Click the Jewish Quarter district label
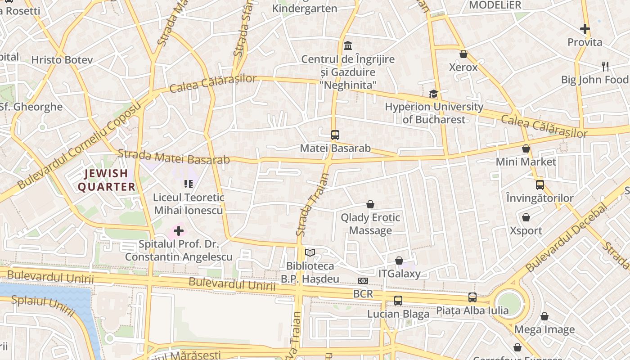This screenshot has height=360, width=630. tap(106, 180)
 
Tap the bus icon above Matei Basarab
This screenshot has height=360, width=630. tap(335, 135)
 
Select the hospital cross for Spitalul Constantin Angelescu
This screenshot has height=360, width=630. tap(179, 231)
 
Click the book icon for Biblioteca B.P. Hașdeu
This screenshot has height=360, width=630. tap(310, 252)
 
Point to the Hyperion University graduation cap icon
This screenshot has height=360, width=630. tap(433, 94)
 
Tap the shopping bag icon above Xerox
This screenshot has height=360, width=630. tap(463, 54)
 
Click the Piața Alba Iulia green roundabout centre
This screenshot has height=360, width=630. tap(509, 304)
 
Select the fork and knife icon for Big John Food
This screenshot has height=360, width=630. tap(605, 67)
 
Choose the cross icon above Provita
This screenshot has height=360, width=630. tap(585, 29)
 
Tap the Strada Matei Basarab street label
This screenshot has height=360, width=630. tap(174, 157)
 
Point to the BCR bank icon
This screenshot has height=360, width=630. tap(363, 281)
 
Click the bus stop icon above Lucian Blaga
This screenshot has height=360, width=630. tap(398, 300)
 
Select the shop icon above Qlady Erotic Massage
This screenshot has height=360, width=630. tap(370, 205)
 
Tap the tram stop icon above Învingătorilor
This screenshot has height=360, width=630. tap(540, 184)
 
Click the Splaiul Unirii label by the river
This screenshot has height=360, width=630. tap(43, 306)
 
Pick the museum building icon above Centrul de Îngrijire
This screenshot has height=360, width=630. tap(348, 46)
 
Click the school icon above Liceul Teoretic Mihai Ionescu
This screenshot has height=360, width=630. tap(188, 184)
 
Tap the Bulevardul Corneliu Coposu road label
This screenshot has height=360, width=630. tap(79, 145)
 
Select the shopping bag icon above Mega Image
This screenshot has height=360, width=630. tap(544, 316)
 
